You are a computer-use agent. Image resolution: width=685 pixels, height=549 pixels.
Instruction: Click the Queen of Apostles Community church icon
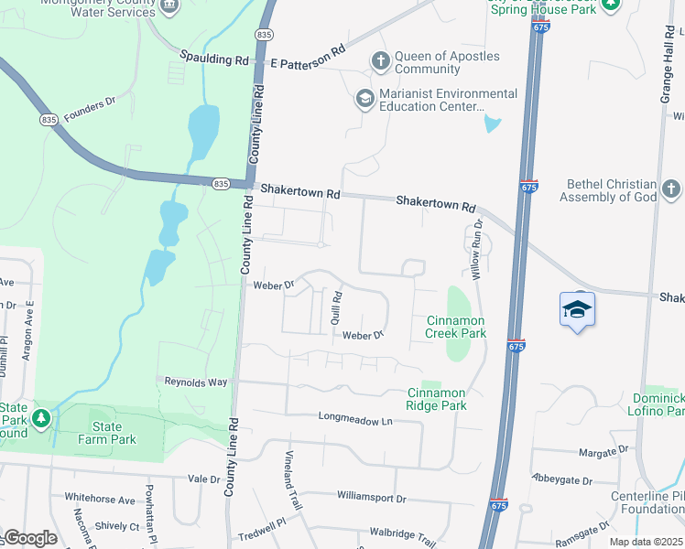tap(381, 61)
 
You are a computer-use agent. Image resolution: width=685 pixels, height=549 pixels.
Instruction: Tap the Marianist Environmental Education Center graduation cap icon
tap(365, 99)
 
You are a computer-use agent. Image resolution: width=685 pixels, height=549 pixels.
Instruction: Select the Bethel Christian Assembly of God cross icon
tap(670, 189)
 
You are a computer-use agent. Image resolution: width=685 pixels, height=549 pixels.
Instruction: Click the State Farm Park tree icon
tap(40, 419)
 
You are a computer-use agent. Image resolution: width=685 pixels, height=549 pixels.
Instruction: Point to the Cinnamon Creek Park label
tap(456, 327)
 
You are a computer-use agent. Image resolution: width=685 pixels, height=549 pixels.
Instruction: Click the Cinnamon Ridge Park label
tap(437, 399)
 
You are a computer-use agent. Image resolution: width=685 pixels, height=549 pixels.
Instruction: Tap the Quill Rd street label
tap(336, 307)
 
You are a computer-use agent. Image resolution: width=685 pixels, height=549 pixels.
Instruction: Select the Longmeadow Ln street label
tap(354, 418)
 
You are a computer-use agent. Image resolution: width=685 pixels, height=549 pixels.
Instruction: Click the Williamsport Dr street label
tap(371, 498)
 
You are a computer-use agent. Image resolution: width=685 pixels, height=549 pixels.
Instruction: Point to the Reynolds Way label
tap(196, 381)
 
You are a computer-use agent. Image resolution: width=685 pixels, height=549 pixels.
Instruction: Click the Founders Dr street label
tap(90, 102)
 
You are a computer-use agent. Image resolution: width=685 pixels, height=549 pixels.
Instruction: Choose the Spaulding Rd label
tap(214, 59)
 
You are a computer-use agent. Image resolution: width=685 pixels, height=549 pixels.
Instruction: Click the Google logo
tap(30, 538)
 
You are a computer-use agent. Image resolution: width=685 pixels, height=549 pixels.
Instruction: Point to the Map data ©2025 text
tap(646, 542)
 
